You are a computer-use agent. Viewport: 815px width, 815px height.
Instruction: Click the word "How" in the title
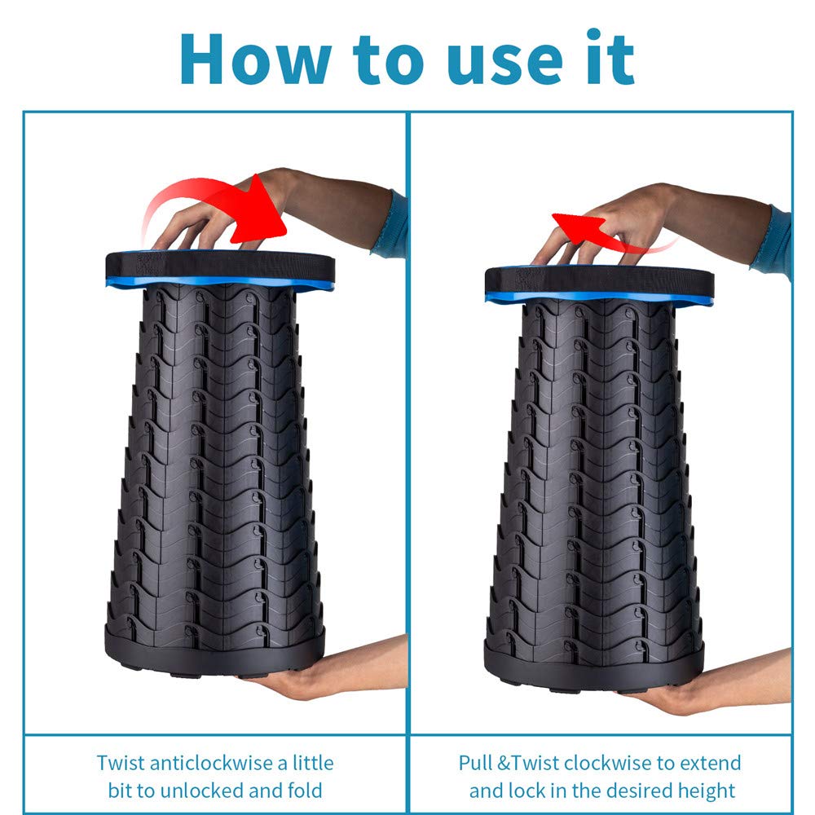[255, 59]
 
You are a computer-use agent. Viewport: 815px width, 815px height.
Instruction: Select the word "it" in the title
[610, 56]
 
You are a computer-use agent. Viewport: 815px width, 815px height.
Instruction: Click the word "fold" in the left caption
[305, 791]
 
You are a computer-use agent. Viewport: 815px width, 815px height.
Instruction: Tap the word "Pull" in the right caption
[475, 763]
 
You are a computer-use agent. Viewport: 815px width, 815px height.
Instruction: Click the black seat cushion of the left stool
[220, 267]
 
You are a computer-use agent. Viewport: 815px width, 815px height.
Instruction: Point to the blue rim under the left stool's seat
[220, 284]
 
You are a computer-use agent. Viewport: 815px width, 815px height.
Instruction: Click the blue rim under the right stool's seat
[599, 299]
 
